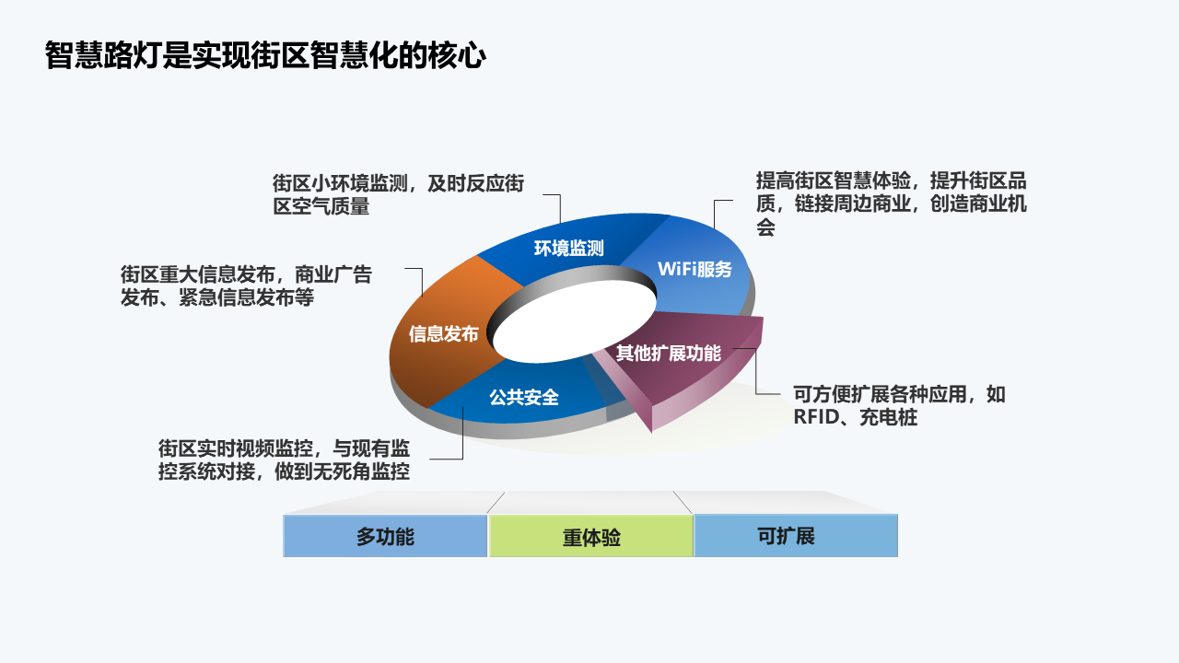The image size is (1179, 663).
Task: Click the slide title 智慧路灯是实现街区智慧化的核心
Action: [x=265, y=55]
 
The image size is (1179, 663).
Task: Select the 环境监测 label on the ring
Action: [x=569, y=248]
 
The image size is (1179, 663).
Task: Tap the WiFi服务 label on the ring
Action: [x=695, y=269]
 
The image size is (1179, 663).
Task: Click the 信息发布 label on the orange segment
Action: [x=444, y=333]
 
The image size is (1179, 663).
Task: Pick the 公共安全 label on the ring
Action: [x=524, y=397]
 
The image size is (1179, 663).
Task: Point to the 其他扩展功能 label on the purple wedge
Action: [x=669, y=353]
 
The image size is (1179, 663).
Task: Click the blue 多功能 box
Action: [x=385, y=536]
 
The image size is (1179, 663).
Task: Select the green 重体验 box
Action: [x=591, y=536]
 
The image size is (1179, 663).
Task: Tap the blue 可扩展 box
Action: [x=796, y=536]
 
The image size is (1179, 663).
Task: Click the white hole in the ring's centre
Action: [x=574, y=321]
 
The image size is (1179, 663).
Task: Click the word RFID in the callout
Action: [x=817, y=417]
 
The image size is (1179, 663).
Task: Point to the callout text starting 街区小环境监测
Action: [x=399, y=194]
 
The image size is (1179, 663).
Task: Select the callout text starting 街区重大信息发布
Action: [x=246, y=285]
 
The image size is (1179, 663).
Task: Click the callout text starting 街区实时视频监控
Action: [x=285, y=459]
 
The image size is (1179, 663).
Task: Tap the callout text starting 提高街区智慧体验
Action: [x=891, y=204]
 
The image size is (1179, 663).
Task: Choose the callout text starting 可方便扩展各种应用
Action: [x=900, y=406]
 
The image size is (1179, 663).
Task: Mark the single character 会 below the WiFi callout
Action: [x=765, y=227]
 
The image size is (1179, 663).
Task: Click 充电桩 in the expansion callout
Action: [x=889, y=417]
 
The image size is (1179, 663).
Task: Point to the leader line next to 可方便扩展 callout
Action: [x=756, y=371]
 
